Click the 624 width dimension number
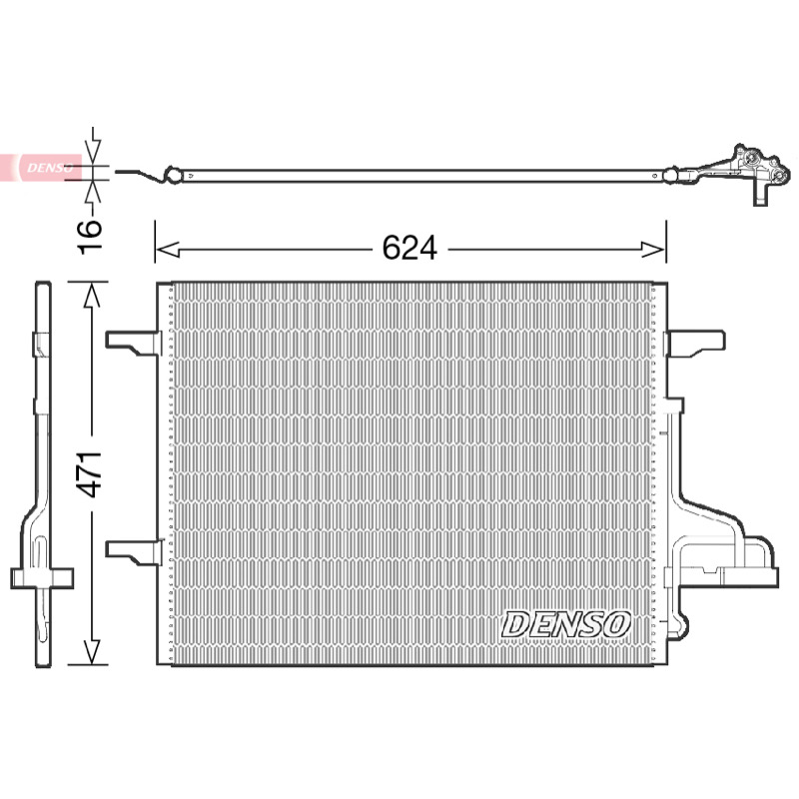[x=409, y=248]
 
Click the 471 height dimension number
[x=90, y=473]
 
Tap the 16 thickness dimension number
[x=90, y=236]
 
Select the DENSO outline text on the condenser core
[x=566, y=625]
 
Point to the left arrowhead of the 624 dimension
[x=167, y=250]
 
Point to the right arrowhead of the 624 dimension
[x=654, y=250]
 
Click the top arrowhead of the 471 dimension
[x=91, y=295]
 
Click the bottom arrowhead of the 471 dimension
[x=91, y=652]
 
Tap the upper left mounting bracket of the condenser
[x=133, y=343]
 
